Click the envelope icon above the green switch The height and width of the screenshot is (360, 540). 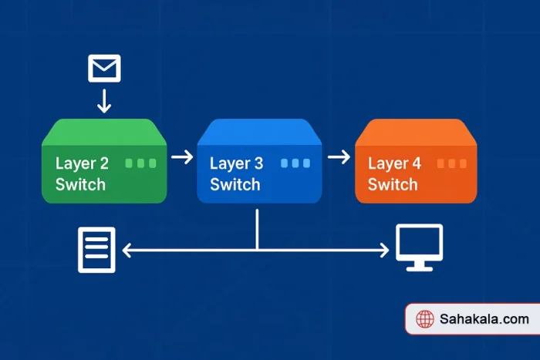tap(104, 69)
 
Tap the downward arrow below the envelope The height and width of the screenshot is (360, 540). tap(104, 100)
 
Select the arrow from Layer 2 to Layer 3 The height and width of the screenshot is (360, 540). tap(182, 157)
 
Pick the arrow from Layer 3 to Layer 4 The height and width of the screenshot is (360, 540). tap(339, 157)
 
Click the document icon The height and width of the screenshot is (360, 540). tap(96, 249)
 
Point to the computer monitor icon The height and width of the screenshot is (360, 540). tap(419, 247)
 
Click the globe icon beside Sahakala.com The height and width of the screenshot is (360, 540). tap(424, 319)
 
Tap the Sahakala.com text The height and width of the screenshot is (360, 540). tap(484, 319)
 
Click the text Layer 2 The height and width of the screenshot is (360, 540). tap(82, 163)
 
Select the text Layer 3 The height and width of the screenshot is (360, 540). tap(236, 163)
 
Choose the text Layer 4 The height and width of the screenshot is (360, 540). tap(394, 163)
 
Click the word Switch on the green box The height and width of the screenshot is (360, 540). tap(80, 185)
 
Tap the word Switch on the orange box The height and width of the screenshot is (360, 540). tap(393, 185)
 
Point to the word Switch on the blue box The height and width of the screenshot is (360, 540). tap(235, 185)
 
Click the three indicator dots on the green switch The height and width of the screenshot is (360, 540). tap(140, 163)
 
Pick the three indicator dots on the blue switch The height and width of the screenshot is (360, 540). tap(295, 163)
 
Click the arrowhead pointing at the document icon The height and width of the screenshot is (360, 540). tap(127, 250)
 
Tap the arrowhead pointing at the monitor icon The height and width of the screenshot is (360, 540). tap(383, 250)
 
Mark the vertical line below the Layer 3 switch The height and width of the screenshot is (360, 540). tap(257, 227)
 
